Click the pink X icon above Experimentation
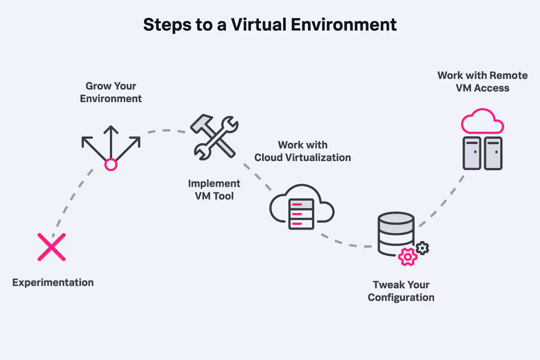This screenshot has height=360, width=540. [x=52, y=247]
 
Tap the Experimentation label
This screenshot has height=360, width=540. [x=53, y=282]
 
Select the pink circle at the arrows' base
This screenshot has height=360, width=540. [x=111, y=165]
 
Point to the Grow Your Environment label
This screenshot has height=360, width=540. [x=111, y=92]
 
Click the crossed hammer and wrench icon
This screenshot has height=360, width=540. [x=214, y=137]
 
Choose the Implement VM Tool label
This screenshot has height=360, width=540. [x=214, y=190]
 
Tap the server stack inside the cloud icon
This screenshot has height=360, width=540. [x=301, y=214]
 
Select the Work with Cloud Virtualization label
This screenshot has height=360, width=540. [x=303, y=151]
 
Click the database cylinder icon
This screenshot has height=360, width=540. [x=396, y=233]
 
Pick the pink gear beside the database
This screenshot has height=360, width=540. [x=407, y=257]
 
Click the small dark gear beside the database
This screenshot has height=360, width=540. [x=423, y=248]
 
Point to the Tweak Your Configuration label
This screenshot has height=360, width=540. [x=401, y=291]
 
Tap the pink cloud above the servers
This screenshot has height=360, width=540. [x=482, y=122]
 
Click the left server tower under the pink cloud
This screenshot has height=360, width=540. [x=472, y=153]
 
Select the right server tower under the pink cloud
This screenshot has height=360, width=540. [x=493, y=153]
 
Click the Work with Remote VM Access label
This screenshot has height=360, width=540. [x=482, y=82]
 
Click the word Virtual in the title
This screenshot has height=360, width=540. [x=258, y=25]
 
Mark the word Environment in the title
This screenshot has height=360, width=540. [x=343, y=25]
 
